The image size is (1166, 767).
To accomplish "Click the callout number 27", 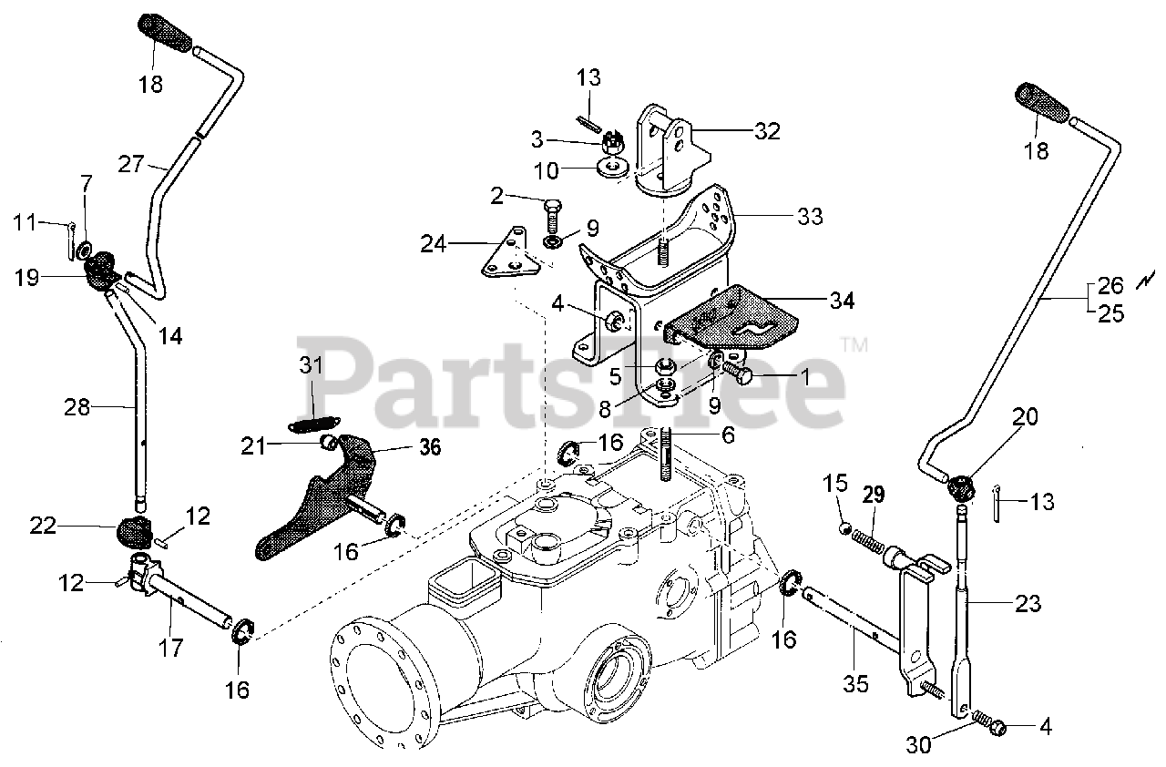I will coord(130,164).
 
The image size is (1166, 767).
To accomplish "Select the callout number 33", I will coord(810,216).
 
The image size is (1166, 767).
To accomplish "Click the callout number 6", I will coord(727,436).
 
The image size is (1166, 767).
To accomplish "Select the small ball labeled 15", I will coord(844,529).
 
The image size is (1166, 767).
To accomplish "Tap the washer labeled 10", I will coord(612,167).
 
